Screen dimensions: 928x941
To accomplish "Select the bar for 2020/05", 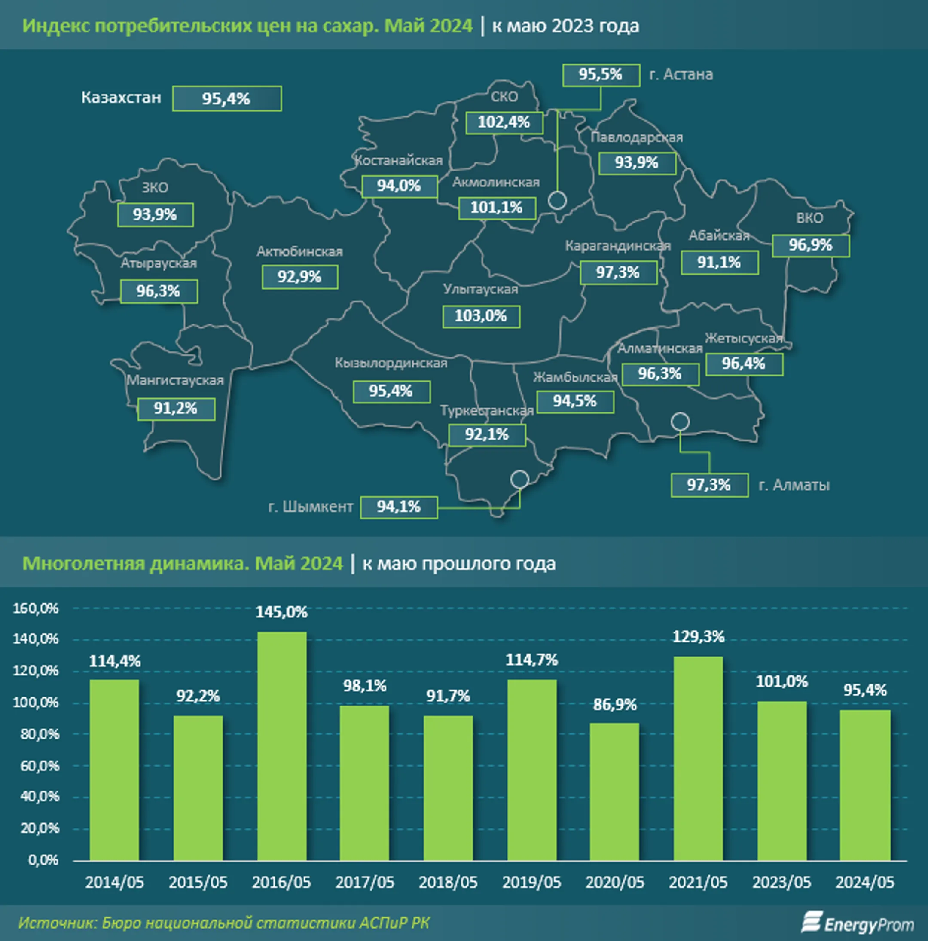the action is pyautogui.click(x=614, y=791).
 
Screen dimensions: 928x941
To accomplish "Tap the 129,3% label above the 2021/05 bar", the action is pyautogui.click(x=698, y=637).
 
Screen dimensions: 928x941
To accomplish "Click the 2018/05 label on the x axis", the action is pyautogui.click(x=448, y=883).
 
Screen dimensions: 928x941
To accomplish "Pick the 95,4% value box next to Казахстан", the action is pyautogui.click(x=227, y=99).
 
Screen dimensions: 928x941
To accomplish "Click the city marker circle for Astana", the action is pyautogui.click(x=558, y=200).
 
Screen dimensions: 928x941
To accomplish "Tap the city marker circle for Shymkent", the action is pyautogui.click(x=519, y=479).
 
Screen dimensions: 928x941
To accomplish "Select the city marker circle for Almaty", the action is pyautogui.click(x=680, y=422).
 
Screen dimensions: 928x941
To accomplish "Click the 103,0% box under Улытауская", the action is pyautogui.click(x=481, y=316).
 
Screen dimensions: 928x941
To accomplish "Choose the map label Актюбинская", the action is pyautogui.click(x=299, y=251).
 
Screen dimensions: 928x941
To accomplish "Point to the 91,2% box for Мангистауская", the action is pyautogui.click(x=176, y=409).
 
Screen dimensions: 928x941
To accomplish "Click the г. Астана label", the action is pyautogui.click(x=681, y=74).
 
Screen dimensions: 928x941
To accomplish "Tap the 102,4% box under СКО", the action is pyautogui.click(x=504, y=122).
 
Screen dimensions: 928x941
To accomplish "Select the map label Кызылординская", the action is pyautogui.click(x=391, y=363).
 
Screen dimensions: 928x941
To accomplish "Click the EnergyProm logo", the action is pyautogui.click(x=858, y=923).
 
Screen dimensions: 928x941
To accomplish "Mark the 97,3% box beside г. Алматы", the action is pyautogui.click(x=709, y=485).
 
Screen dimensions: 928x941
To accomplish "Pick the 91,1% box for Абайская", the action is pyautogui.click(x=720, y=263).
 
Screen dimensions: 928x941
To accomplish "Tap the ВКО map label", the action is pyautogui.click(x=810, y=218).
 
